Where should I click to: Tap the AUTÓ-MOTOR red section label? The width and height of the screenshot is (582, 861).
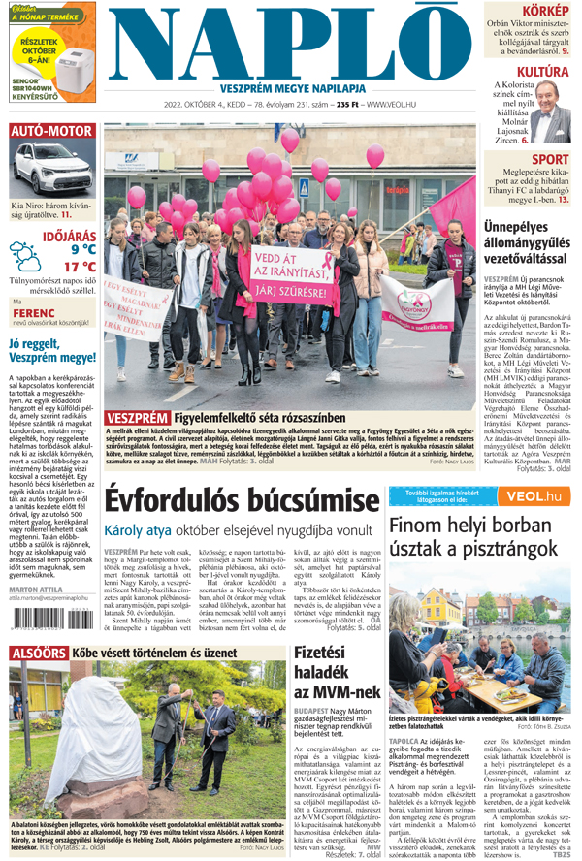click(x=51, y=131)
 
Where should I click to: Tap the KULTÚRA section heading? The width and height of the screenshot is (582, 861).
click(x=541, y=72)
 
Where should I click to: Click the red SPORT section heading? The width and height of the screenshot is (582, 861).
click(x=550, y=159)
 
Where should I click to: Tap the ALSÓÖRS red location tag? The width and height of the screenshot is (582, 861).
click(x=38, y=654)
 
